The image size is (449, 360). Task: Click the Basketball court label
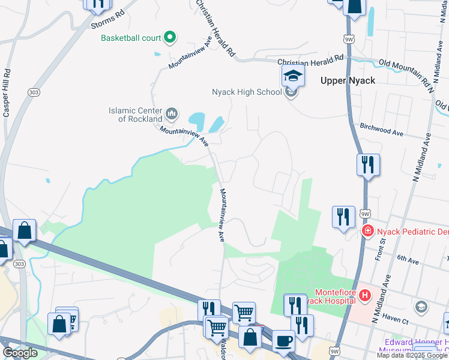pos(130,38)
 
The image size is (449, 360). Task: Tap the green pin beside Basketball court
pos(170,38)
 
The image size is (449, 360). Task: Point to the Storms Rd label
pos(108,20)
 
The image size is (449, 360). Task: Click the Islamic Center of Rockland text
pos(135,115)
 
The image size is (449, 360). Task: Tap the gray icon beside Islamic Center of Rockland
pos(171,113)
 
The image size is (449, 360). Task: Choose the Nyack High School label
pos(247,92)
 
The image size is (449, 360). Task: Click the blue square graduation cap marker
pos(293,76)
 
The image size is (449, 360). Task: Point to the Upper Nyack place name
pos(348,80)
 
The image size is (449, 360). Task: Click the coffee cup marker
pos(284,341)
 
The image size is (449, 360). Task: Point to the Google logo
pos(20,353)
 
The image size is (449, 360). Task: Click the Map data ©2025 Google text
pos(413,355)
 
